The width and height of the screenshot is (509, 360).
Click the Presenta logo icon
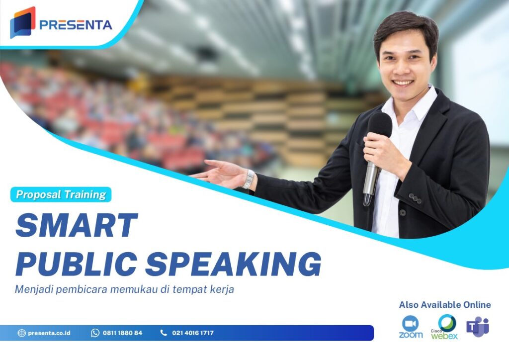[x=22, y=22]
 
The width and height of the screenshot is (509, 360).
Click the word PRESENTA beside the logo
[x=76, y=25]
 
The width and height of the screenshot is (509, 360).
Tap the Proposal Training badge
[x=61, y=194]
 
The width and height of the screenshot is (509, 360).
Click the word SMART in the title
[x=76, y=225]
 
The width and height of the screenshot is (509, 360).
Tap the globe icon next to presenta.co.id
[x=21, y=333]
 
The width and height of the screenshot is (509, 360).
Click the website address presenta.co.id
[x=49, y=333]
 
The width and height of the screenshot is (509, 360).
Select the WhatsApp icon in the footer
[x=95, y=333]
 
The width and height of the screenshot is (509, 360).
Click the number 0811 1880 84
[x=122, y=333]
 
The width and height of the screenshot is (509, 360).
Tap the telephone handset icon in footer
[x=164, y=333]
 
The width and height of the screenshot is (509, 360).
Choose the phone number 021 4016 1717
[x=193, y=333]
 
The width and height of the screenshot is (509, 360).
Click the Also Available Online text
[x=444, y=305]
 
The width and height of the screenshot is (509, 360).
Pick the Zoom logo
[x=411, y=327]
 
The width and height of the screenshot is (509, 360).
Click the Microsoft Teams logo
[x=477, y=327]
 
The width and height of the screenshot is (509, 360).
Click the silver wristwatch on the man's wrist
[x=249, y=179]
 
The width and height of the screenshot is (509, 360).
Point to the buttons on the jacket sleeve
[x=414, y=198]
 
